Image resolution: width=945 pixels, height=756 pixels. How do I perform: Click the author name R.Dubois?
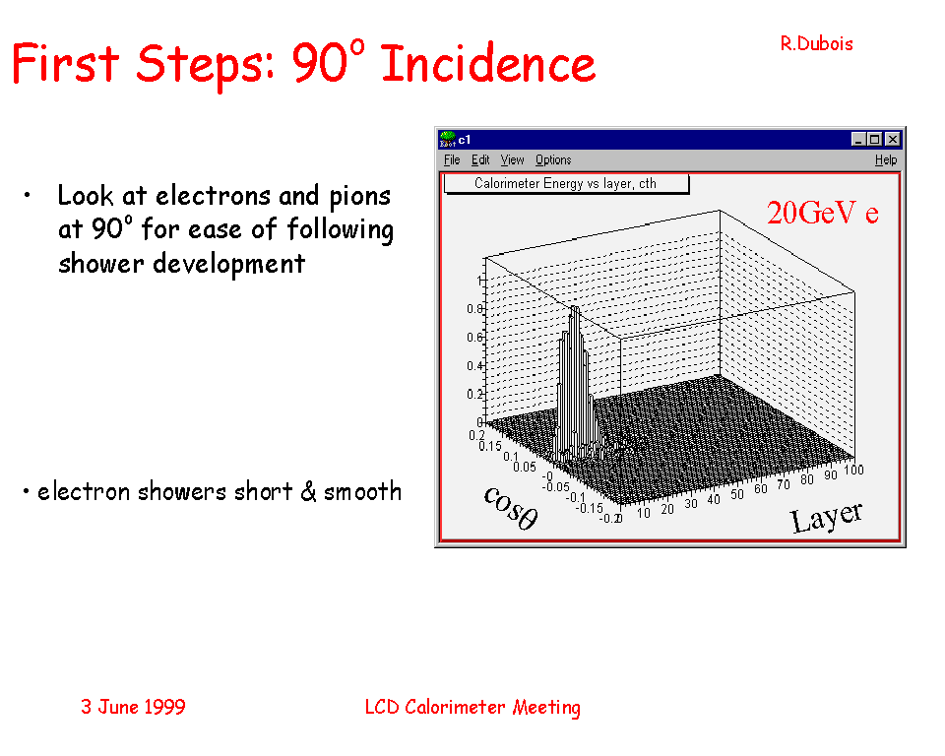point(817,44)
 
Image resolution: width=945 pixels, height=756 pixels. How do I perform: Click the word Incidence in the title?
point(489,63)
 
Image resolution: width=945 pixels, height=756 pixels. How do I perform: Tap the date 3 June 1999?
point(133,707)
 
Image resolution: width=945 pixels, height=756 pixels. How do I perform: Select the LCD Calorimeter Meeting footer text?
point(472,707)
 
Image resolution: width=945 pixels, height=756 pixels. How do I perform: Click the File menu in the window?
point(452,159)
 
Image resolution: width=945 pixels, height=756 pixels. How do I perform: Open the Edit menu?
point(480,159)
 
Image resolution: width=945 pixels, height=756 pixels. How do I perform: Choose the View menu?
point(512,159)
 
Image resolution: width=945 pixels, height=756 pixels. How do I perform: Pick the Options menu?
point(553,159)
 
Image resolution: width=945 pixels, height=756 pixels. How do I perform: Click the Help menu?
point(886,159)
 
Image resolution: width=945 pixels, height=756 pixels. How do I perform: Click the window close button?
point(893,139)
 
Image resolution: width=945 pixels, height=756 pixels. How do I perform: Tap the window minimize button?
point(858,139)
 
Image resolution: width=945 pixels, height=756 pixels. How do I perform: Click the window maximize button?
point(874,139)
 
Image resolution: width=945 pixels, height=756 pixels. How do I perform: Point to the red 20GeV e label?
point(823,213)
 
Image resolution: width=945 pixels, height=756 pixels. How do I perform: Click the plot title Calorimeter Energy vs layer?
point(565,183)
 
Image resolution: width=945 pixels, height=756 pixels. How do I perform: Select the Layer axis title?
point(827,518)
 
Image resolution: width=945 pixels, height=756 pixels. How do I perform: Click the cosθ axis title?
point(511,508)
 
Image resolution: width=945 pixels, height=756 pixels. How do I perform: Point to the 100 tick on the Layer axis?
point(853,470)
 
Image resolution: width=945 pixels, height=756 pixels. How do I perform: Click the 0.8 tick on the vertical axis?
point(474,309)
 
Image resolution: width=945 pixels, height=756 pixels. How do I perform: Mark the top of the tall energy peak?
point(575,307)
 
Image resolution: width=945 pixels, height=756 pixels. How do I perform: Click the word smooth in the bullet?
point(363,492)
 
